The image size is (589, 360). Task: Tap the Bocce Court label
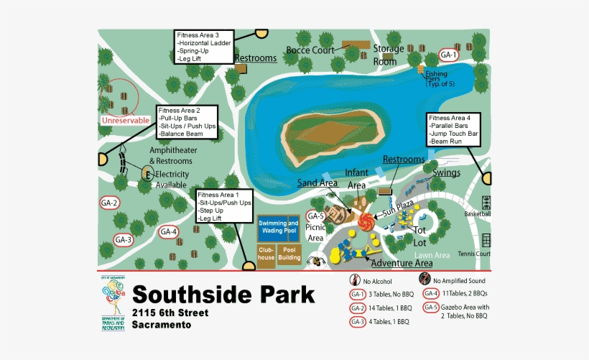[310, 50]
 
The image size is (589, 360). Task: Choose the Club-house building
[266, 254]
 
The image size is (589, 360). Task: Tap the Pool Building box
[289, 254]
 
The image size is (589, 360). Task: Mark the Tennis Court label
[473, 254]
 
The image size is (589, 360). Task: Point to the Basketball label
[477, 214]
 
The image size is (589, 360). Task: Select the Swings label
[447, 172]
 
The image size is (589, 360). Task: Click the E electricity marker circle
[147, 174]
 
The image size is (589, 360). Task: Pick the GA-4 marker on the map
[169, 231]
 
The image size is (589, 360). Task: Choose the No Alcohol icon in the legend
[354, 280]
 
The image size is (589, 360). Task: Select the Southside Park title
[223, 295]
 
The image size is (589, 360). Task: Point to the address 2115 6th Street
[170, 313]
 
